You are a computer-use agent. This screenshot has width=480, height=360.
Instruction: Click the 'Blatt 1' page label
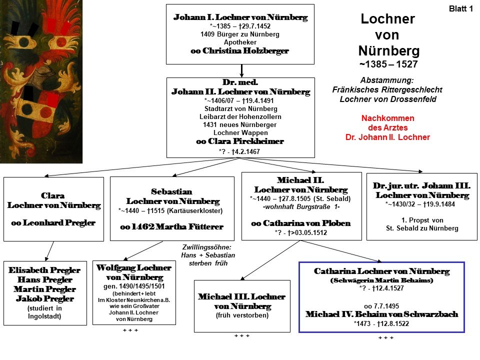(x=460, y=9)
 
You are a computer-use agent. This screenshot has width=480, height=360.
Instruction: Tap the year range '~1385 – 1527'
(x=388, y=64)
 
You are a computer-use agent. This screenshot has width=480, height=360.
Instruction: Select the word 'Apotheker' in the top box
(x=240, y=42)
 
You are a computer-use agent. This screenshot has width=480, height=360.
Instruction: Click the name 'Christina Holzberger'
(x=245, y=51)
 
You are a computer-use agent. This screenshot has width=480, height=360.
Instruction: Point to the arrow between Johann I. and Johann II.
(x=241, y=70)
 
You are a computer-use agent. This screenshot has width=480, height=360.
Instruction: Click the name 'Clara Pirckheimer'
(x=246, y=141)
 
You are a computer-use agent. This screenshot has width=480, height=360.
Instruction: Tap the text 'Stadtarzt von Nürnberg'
(x=240, y=108)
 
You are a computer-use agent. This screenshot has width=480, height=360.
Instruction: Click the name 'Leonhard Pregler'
(x=59, y=222)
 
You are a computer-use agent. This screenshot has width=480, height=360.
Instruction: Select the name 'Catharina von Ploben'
(x=306, y=223)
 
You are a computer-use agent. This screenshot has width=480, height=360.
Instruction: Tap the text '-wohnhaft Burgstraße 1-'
(x=301, y=207)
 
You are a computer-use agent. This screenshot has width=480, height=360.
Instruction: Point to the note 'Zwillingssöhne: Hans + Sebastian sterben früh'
(x=208, y=255)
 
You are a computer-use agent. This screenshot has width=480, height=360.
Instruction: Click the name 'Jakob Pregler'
(x=45, y=298)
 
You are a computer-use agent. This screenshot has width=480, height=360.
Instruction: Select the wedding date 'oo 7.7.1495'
(x=381, y=306)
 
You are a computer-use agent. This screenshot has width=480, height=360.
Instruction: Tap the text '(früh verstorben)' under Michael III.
(x=242, y=315)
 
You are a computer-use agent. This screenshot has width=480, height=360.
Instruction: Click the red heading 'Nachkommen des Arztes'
(x=388, y=123)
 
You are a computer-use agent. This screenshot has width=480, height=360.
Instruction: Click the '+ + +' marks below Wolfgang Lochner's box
(x=130, y=330)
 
